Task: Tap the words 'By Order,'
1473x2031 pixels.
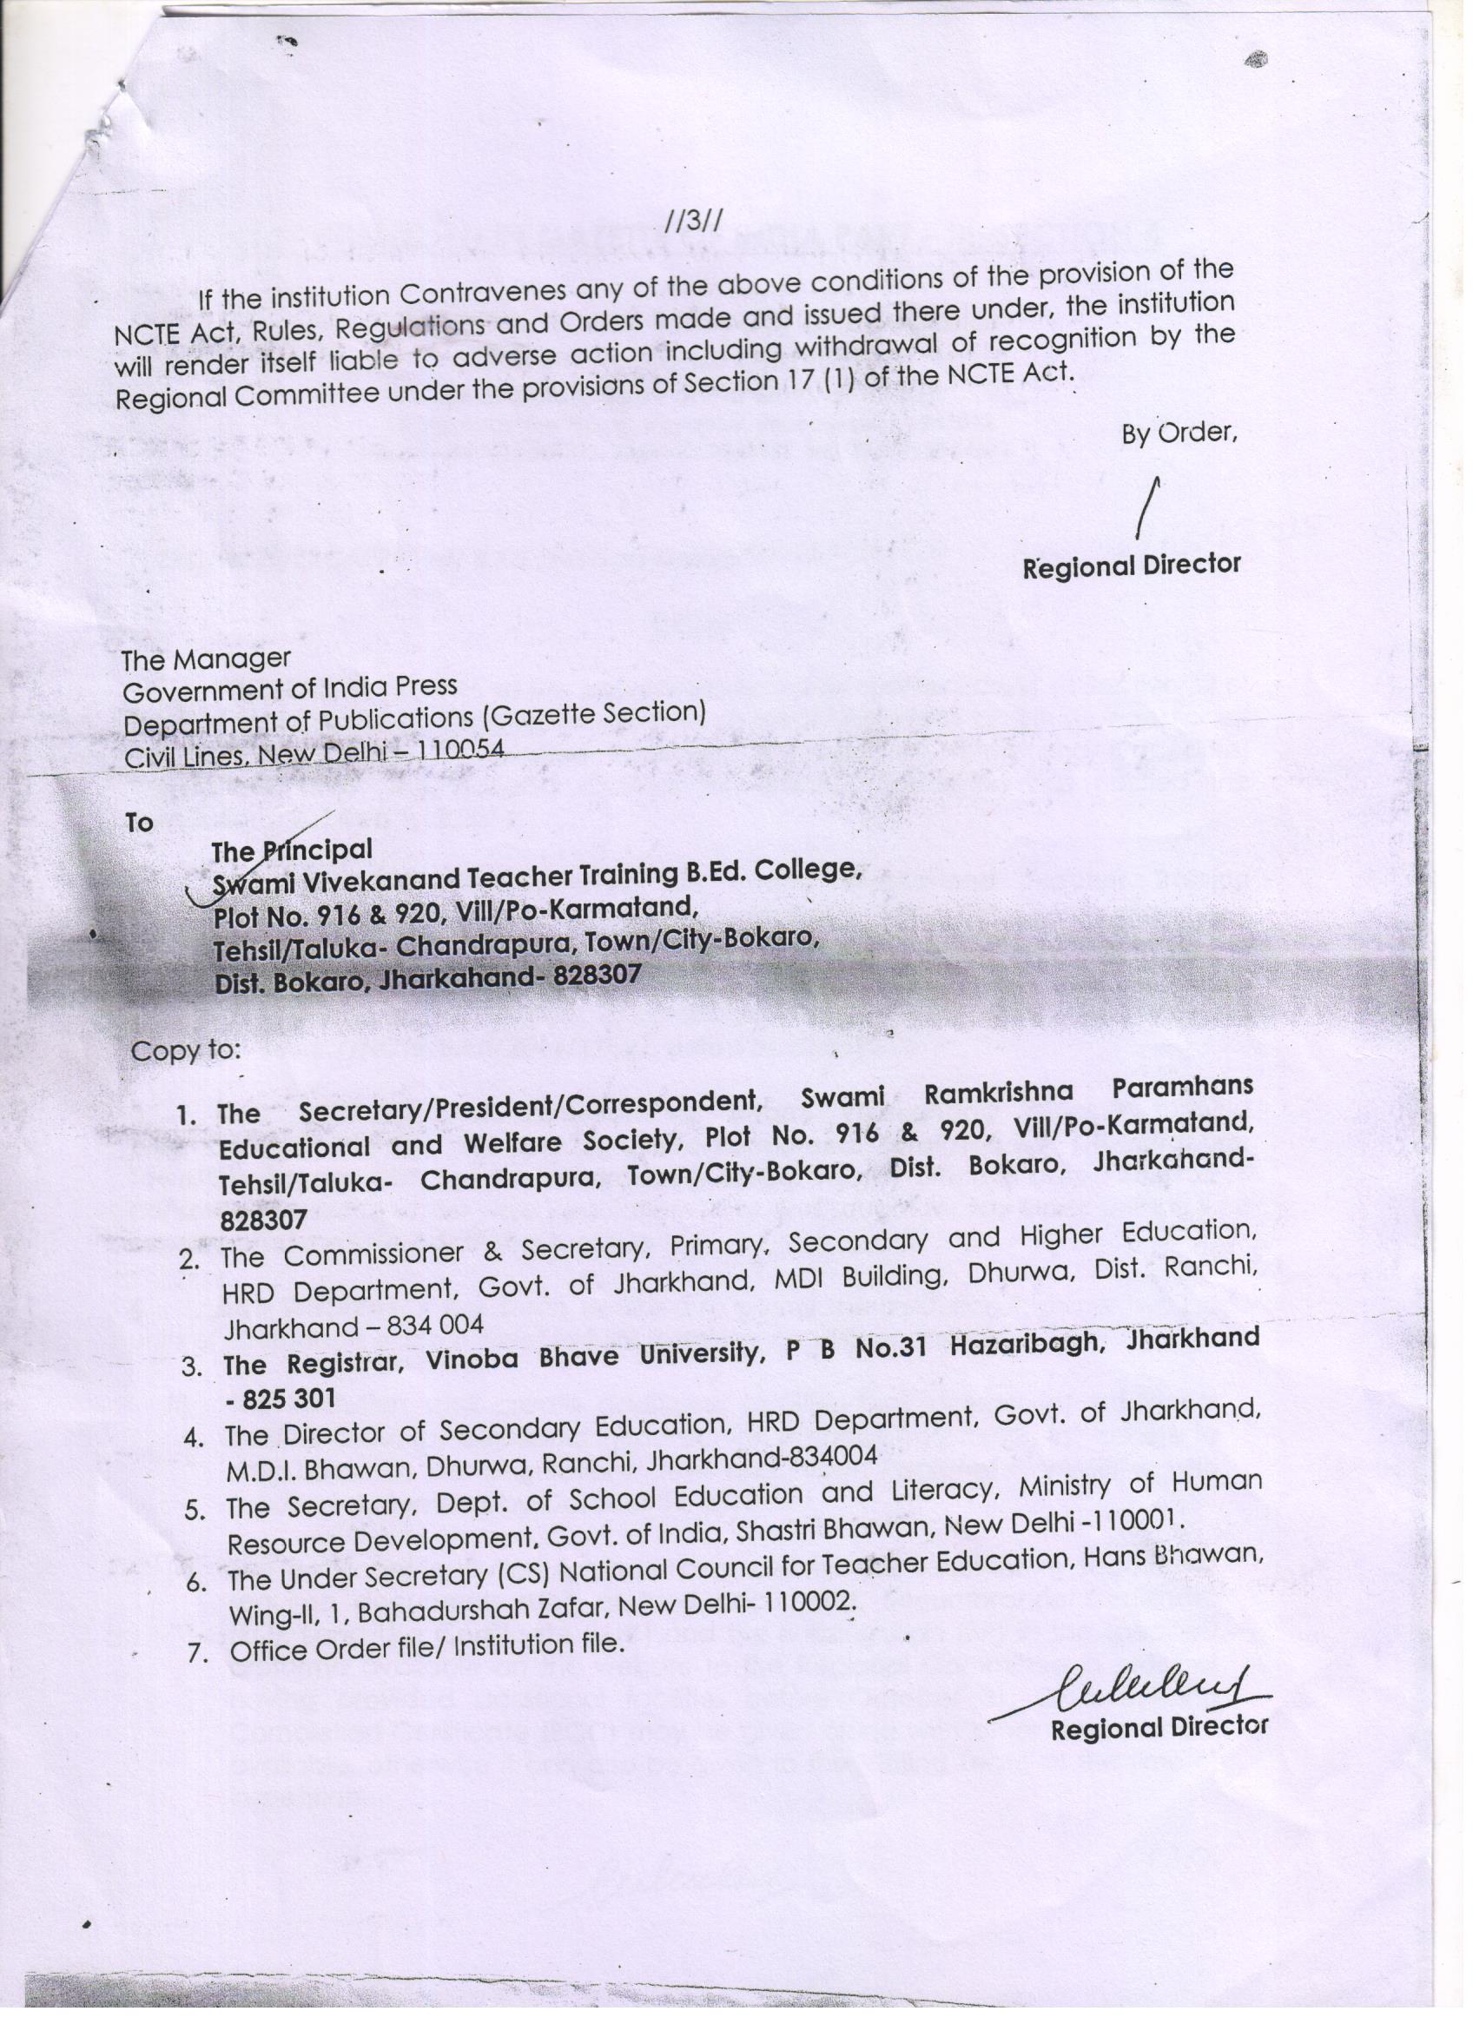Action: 1179,433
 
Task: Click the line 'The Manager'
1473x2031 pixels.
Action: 206,660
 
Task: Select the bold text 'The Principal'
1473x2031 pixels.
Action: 291,849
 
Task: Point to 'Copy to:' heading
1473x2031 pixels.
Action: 185,1049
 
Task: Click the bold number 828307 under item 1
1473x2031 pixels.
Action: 264,1219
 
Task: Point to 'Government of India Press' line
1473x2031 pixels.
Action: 290,690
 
